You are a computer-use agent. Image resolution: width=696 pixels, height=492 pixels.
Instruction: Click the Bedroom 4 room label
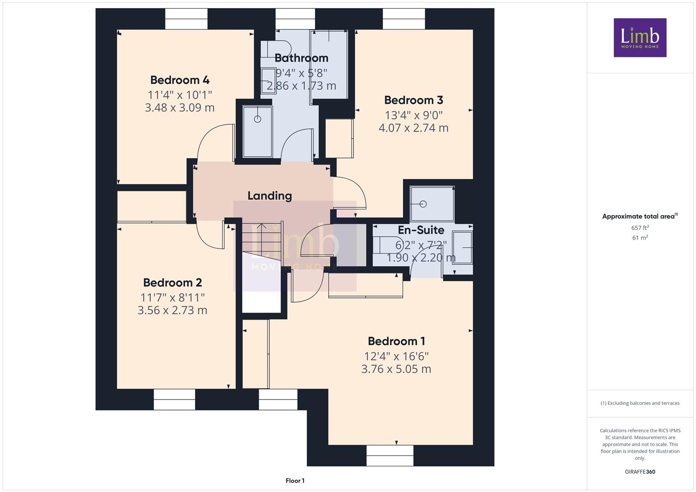[180, 80]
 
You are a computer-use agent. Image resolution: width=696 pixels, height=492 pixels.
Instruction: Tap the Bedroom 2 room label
[172, 282]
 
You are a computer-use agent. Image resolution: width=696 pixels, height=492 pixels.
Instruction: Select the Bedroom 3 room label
[413, 100]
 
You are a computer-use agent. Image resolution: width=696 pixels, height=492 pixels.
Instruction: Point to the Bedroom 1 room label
[396, 341]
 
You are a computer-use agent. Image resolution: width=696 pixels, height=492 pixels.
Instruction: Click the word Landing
[270, 196]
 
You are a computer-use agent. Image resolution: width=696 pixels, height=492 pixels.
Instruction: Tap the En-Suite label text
[421, 230]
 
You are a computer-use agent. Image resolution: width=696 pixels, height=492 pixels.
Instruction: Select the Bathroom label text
[301, 58]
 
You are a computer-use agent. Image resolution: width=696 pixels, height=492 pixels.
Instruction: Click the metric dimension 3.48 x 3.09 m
[180, 108]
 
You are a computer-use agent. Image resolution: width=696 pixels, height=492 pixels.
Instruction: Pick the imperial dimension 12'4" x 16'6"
[396, 356]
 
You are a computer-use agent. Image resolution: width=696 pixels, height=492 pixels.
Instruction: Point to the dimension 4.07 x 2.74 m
[413, 128]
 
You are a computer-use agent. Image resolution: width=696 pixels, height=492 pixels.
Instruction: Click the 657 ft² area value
[640, 228]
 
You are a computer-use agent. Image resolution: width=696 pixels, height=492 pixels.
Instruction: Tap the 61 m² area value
[640, 238]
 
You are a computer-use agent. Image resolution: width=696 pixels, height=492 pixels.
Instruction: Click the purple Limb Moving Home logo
[640, 37]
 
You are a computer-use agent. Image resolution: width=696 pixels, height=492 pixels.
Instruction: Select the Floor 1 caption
[295, 481]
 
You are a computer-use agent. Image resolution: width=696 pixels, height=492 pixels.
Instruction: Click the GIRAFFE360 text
[640, 472]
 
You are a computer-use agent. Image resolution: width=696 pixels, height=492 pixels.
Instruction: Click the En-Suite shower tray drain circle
[423, 204]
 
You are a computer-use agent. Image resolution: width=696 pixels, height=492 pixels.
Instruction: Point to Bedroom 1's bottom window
[390, 456]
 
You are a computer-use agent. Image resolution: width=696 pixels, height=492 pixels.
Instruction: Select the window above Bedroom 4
[186, 19]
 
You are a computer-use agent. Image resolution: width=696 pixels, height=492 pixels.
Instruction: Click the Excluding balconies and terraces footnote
[640, 403]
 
